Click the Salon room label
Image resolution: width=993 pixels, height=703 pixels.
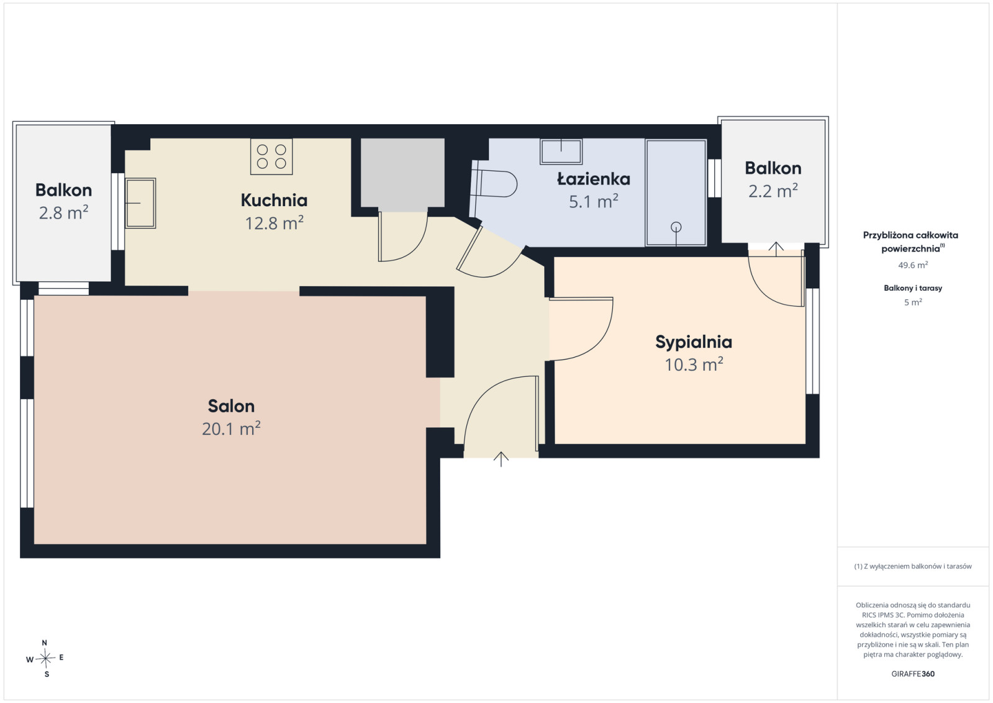point(231,406)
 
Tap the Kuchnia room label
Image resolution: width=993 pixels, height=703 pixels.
point(274,201)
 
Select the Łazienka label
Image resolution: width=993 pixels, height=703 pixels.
point(594,178)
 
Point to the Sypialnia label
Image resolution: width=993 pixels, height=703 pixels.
point(694,342)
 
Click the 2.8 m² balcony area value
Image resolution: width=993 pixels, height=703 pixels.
point(63,212)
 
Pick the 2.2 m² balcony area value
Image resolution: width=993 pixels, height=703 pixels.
point(773,191)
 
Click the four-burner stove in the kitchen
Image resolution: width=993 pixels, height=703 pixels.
point(271,156)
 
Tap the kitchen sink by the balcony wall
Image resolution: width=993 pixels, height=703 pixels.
point(140,203)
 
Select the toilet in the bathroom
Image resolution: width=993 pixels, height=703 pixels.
point(494,183)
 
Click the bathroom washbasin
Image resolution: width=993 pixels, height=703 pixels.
point(561,152)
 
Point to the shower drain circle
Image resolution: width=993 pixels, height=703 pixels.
point(676,227)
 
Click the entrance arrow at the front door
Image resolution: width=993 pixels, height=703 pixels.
point(501,459)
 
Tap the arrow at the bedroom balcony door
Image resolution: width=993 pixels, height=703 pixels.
point(776,249)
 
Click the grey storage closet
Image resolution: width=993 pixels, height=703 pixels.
point(402,173)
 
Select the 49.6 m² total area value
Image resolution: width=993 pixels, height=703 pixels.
point(913,265)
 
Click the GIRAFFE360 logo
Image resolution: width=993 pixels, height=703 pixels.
point(913,674)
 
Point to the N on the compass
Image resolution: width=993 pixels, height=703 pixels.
point(44,643)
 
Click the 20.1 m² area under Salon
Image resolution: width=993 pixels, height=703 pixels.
point(231,429)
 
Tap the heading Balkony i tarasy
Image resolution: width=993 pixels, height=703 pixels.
point(913,288)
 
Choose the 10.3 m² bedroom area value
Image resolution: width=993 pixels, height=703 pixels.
point(694,365)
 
